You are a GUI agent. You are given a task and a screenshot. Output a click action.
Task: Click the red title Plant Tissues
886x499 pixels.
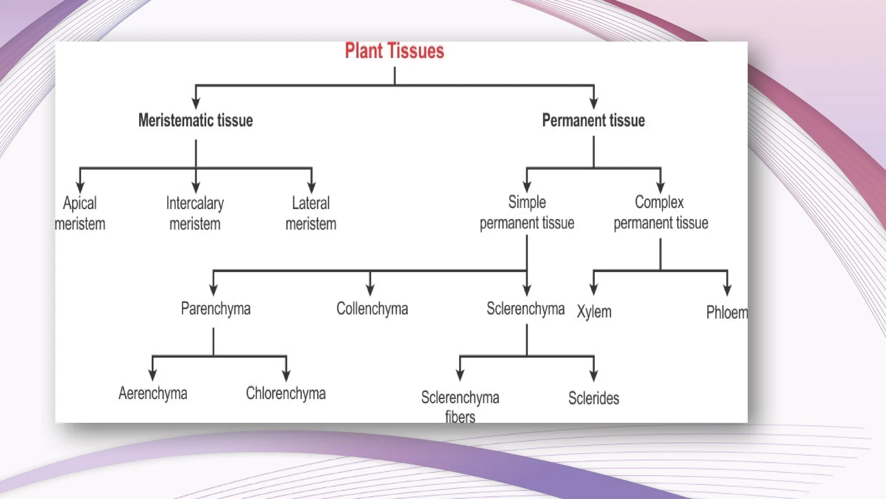tap(394, 51)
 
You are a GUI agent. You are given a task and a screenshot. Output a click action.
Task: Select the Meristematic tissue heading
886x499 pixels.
tap(196, 120)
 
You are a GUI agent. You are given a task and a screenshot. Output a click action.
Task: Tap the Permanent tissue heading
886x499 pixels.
tap(593, 120)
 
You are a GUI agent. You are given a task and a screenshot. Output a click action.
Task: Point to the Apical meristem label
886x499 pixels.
tap(80, 214)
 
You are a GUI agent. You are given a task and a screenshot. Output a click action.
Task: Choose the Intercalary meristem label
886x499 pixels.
tap(195, 214)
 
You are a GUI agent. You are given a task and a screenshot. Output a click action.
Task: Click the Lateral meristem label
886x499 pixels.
tap(311, 214)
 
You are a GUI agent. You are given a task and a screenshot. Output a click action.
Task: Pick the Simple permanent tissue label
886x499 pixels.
tap(527, 213)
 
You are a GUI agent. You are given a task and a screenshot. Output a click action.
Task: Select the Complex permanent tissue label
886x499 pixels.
tap(661, 213)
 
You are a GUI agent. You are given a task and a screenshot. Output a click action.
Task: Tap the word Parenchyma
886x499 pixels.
tap(215, 309)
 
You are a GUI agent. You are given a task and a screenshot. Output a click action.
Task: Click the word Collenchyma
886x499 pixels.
tap(372, 309)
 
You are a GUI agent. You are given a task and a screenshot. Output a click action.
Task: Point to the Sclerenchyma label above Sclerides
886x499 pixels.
tap(525, 309)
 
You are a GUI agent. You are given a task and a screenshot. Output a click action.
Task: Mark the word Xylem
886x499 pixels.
tap(594, 312)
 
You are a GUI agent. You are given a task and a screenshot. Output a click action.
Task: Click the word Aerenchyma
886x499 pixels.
tap(153, 393)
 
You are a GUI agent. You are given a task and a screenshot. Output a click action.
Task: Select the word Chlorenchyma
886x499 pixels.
tap(286, 393)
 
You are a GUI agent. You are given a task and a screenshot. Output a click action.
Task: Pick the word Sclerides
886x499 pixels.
tap(594, 398)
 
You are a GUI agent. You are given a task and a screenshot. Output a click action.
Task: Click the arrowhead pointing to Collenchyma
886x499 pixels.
tap(370, 290)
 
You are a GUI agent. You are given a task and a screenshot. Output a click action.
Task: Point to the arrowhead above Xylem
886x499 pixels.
tap(594, 290)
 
